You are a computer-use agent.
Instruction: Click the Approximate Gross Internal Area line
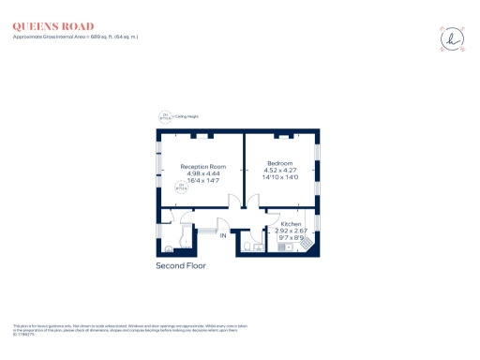click(74, 37)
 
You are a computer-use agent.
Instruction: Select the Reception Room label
click(203, 167)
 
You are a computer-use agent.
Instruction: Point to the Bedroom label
click(280, 163)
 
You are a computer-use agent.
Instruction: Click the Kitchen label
click(292, 224)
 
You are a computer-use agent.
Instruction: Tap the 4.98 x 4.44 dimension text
click(203, 173)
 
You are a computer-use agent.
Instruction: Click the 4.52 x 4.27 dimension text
click(280, 170)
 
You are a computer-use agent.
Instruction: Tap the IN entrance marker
click(223, 235)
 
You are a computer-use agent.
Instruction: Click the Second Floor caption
click(180, 266)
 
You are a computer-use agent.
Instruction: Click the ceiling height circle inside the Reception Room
click(181, 187)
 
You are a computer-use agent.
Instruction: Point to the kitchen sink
click(287, 247)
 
